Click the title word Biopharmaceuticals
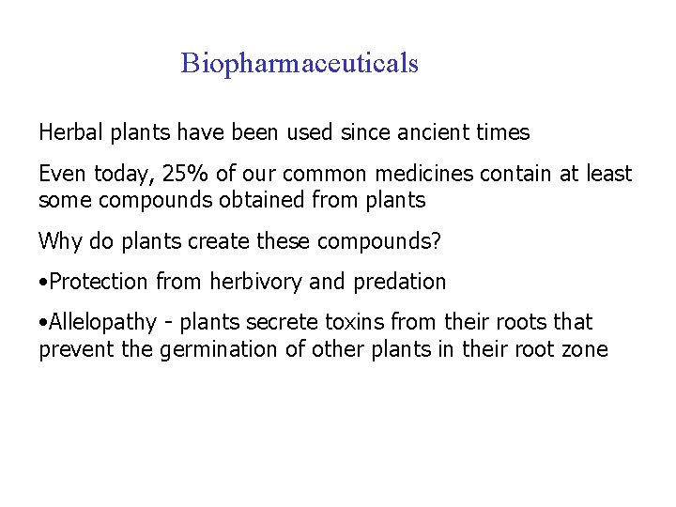point(300,64)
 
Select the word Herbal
point(71,133)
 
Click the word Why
point(57,241)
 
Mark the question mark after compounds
point(436,241)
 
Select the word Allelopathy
point(102,323)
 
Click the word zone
point(586,350)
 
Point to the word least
point(608,175)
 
